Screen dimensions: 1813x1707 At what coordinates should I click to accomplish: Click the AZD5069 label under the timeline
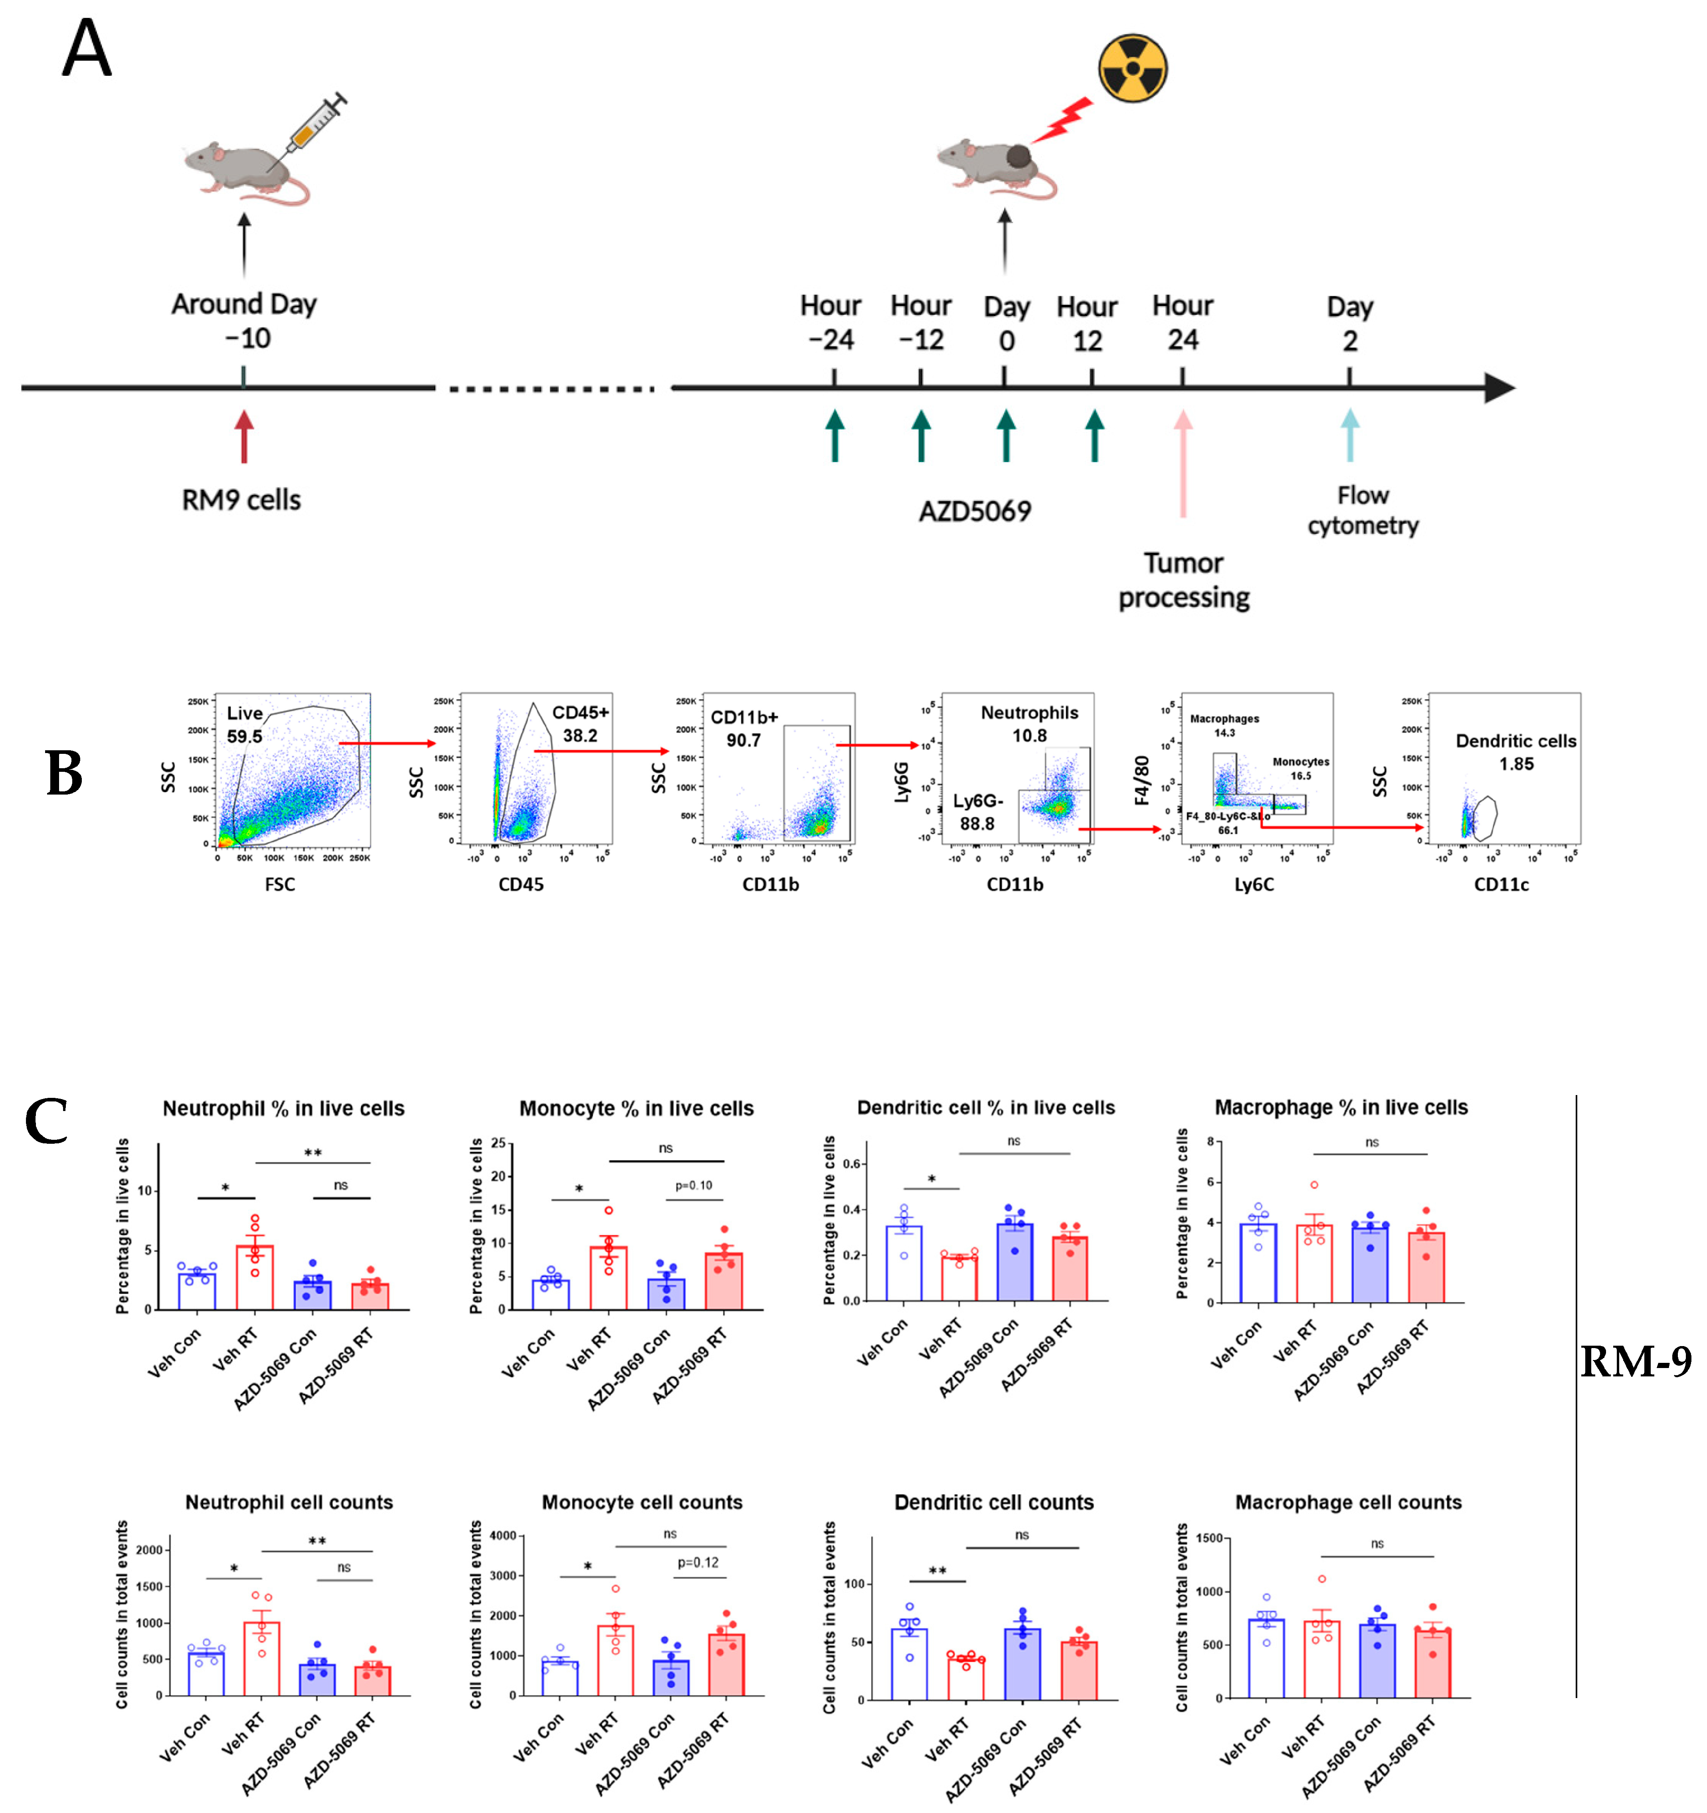[x=975, y=511]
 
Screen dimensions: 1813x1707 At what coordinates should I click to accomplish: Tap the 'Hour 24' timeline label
[x=1183, y=322]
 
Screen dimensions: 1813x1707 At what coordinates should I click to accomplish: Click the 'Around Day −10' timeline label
[x=244, y=320]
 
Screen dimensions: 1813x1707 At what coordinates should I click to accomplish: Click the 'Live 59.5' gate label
[x=244, y=724]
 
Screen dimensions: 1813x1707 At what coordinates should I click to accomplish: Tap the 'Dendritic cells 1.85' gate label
[x=1515, y=752]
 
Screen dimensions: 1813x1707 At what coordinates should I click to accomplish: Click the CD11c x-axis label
[x=1501, y=884]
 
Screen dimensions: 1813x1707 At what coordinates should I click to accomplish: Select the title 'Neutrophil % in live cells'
[x=284, y=1108]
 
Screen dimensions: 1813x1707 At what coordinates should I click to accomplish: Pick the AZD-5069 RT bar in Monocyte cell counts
[x=726, y=1665]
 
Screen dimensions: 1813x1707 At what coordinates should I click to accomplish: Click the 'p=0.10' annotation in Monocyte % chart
[x=694, y=1186]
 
